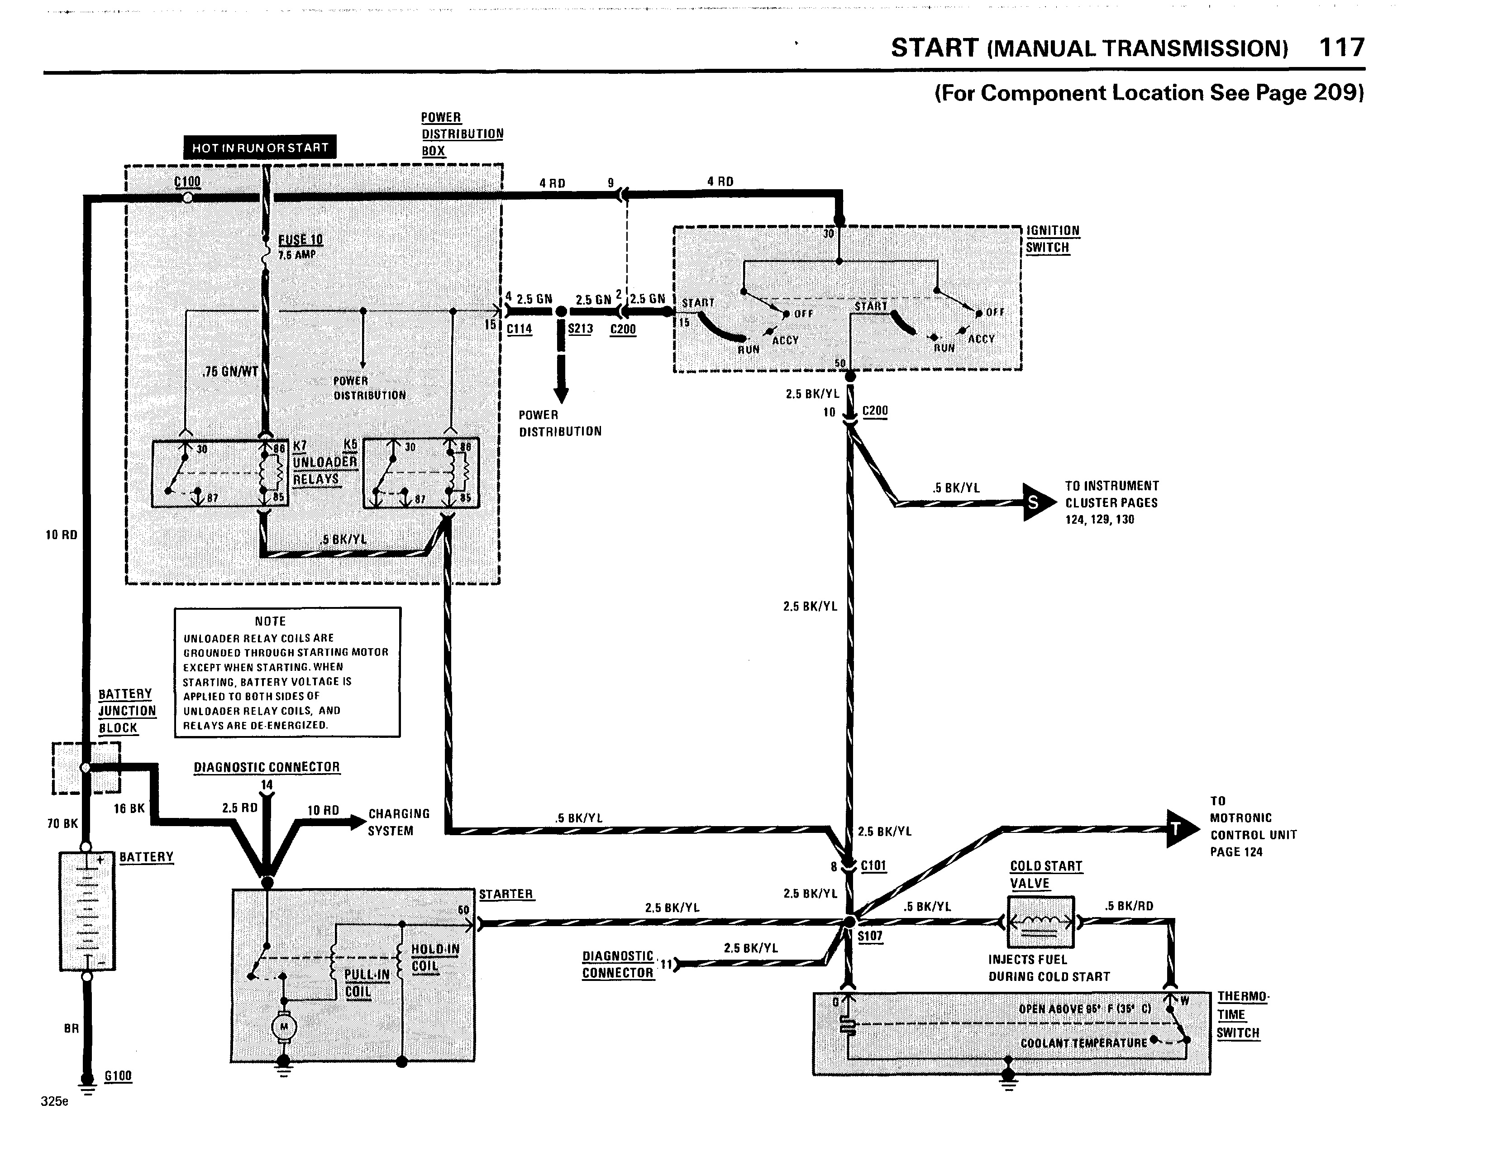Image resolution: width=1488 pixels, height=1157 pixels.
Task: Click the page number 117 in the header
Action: [1341, 48]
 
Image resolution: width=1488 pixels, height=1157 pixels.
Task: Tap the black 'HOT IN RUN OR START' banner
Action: [260, 147]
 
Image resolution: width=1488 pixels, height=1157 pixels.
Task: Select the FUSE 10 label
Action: [300, 240]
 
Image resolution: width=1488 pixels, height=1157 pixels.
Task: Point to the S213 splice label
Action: [581, 329]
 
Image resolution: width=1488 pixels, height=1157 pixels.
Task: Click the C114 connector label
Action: [519, 329]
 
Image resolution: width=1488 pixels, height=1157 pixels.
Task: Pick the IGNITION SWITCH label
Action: [1053, 239]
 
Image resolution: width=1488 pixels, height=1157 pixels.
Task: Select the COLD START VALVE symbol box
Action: [1040, 922]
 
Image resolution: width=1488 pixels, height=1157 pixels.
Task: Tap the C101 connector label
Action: [873, 866]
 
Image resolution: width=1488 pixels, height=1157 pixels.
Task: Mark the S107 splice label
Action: [870, 936]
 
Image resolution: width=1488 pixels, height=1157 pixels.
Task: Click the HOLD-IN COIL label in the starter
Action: [435, 957]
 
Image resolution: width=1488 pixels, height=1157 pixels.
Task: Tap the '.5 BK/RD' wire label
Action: [1129, 906]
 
